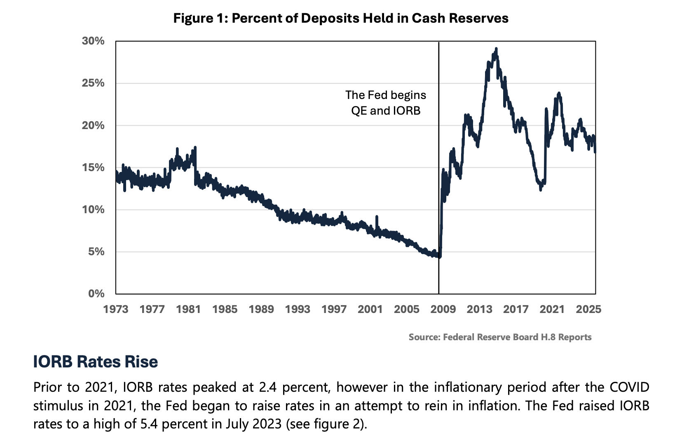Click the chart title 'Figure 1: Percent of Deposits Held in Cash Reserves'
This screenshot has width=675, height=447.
coord(341,19)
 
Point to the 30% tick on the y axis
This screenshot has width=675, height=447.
coord(94,41)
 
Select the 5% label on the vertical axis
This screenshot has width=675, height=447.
coord(96,252)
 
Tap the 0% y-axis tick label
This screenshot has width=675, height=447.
coord(96,294)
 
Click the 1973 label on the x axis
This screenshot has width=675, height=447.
coord(116,309)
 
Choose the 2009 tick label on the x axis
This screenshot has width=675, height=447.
coord(443,309)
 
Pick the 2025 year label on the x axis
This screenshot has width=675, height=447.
coord(588,309)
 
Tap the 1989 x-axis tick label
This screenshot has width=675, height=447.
coord(261,309)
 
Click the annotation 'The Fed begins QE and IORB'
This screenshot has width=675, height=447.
coord(386,103)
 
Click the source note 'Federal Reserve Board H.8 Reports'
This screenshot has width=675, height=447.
coord(517,337)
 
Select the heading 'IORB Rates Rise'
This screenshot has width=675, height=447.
coord(95,362)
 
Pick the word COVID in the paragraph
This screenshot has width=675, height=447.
coord(630,387)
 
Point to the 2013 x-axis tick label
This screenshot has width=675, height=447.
coord(479,309)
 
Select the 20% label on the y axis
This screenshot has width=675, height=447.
coord(94,125)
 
